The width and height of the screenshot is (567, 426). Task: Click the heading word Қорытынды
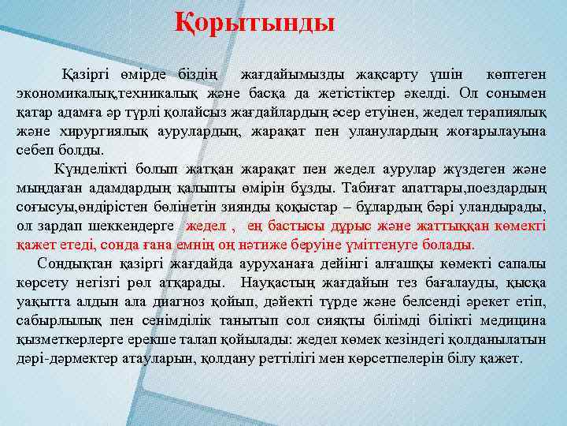pyautogui.click(x=255, y=21)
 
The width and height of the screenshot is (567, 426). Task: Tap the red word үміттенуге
pyautogui.click(x=372, y=245)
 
